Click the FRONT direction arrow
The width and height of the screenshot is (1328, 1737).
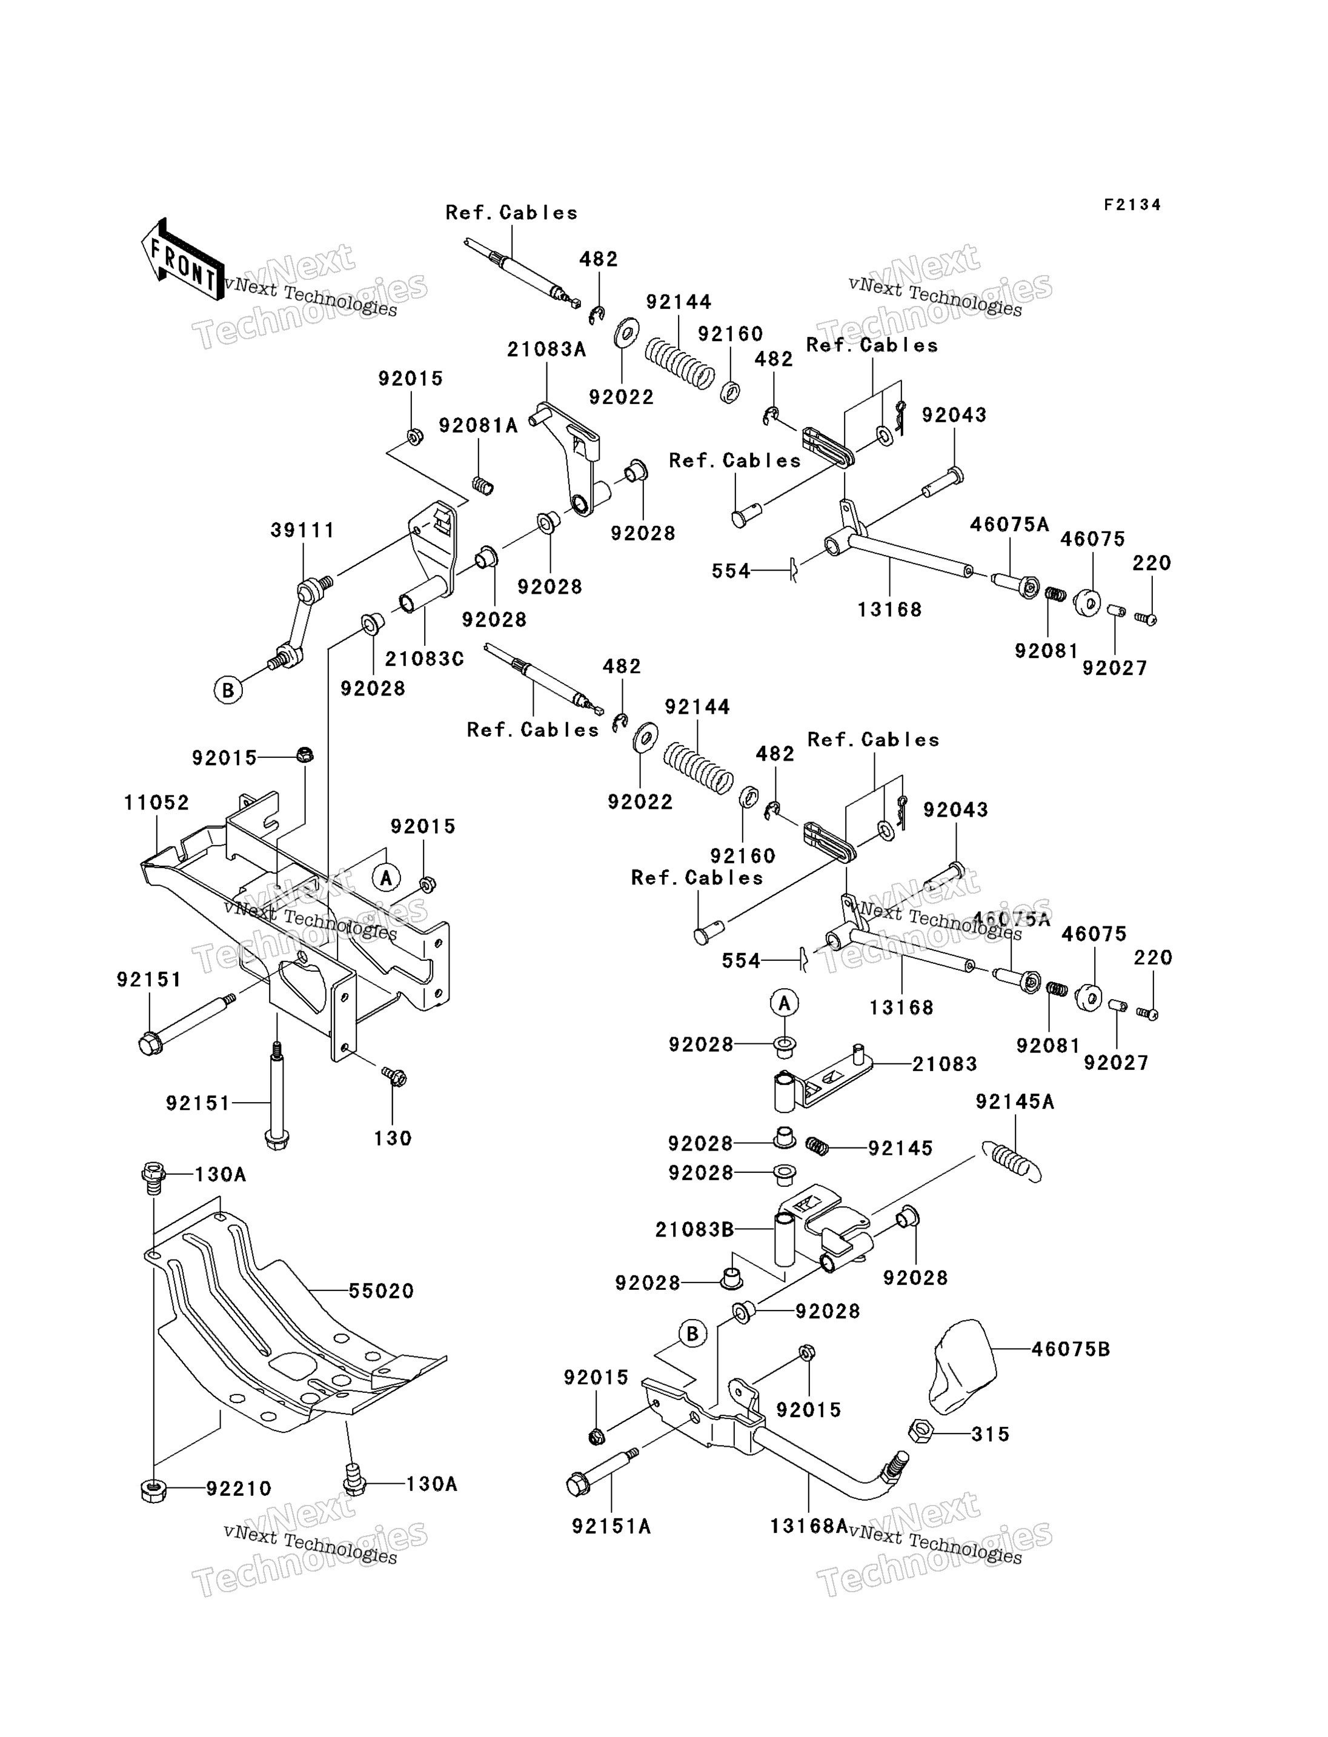182,260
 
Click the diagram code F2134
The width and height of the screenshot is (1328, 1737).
1133,205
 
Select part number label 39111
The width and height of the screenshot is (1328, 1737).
303,531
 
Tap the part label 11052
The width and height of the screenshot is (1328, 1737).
156,803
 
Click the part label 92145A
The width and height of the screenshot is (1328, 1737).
1015,1101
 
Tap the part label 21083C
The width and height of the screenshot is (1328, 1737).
425,659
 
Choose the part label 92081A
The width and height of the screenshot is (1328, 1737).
478,426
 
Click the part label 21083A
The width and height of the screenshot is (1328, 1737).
547,350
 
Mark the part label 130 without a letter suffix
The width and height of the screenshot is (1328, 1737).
393,1138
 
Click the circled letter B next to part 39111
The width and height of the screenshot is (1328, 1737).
228,690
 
